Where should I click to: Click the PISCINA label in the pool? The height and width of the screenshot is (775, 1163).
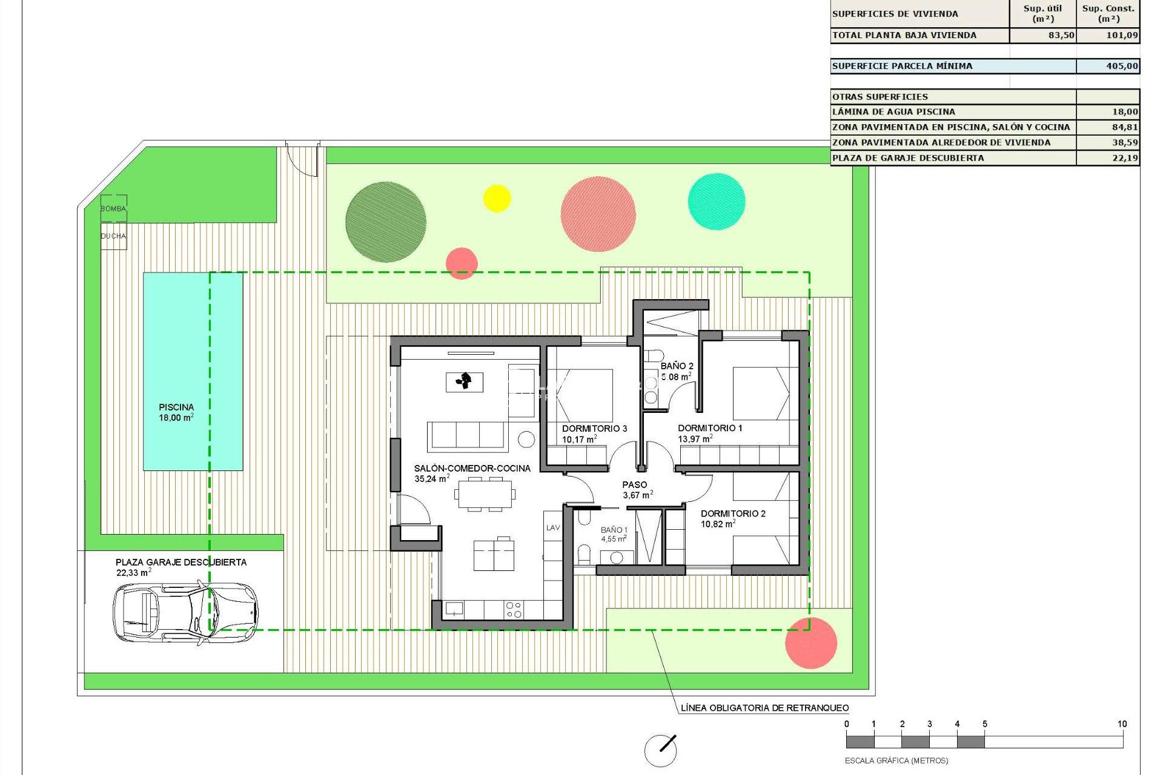[x=176, y=407]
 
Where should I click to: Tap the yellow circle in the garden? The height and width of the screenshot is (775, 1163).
[x=497, y=199]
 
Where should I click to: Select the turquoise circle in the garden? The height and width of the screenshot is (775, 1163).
[x=717, y=202]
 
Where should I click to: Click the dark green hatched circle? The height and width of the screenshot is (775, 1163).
[x=386, y=222]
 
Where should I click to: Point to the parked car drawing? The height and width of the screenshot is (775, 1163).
[x=185, y=612]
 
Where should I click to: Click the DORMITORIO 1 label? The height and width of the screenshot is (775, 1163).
[x=710, y=428]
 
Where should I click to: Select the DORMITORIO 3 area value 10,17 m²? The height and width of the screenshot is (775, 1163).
[x=579, y=440]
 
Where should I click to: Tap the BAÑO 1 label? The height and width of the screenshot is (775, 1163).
[x=614, y=530]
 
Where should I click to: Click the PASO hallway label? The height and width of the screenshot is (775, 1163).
[x=635, y=484]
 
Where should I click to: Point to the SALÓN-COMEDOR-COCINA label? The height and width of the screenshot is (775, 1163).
[x=472, y=468]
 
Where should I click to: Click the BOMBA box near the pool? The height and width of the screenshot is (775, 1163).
[x=113, y=208]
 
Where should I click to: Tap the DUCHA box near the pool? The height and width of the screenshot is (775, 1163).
[x=113, y=236]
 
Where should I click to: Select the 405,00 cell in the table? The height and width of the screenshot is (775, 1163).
[x=1121, y=66]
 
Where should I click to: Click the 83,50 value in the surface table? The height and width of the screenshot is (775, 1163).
[x=1061, y=35]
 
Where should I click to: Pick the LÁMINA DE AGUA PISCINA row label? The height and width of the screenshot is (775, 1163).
[x=893, y=112]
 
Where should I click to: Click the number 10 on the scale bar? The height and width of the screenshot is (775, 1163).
[x=1122, y=724]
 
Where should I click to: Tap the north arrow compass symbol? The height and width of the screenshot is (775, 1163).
[x=660, y=751]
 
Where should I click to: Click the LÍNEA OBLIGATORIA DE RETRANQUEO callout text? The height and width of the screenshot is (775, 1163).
[x=764, y=708]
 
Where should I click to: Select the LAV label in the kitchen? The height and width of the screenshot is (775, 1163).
[x=553, y=528]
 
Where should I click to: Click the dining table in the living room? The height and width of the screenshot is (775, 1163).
[x=485, y=494]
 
